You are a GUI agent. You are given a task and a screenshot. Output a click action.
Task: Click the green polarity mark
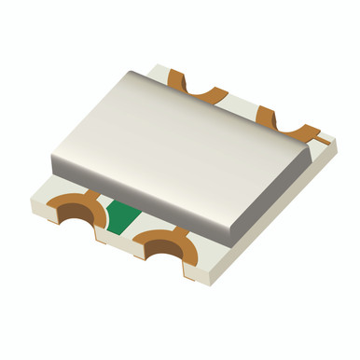[120, 216]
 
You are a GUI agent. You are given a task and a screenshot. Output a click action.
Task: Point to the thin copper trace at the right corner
[324, 142]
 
